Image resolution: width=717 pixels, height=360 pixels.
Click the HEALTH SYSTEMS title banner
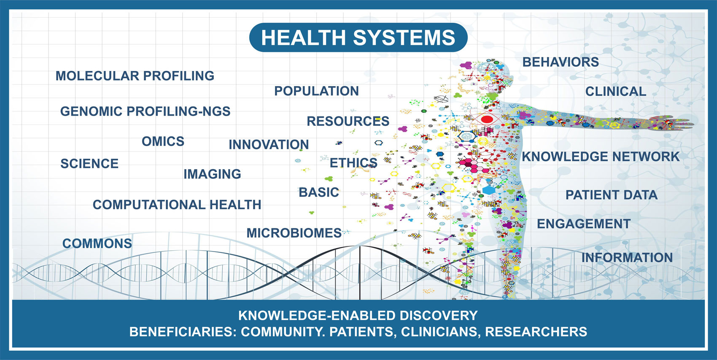click(358, 38)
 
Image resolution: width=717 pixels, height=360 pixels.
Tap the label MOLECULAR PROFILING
click(135, 76)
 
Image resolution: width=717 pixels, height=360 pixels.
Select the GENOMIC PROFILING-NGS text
click(146, 111)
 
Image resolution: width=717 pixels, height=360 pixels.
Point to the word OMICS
click(163, 141)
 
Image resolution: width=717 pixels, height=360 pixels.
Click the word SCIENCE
click(89, 164)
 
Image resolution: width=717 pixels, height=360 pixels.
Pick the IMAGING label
click(212, 174)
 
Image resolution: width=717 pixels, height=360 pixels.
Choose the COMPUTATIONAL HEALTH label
click(177, 205)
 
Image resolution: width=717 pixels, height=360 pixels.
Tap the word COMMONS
click(97, 244)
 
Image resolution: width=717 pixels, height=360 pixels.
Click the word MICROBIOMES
click(294, 233)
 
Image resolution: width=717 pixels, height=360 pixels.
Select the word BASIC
click(319, 192)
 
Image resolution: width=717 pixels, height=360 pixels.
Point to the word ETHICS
click(354, 163)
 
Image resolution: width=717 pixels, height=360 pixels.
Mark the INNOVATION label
click(269, 145)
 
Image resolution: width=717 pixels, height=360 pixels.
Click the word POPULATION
click(317, 91)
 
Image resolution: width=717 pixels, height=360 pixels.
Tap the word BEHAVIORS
click(561, 62)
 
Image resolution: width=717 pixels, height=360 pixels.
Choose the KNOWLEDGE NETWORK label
click(601, 157)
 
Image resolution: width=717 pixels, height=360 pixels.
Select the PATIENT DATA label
click(612, 195)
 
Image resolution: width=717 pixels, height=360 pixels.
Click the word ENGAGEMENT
click(584, 224)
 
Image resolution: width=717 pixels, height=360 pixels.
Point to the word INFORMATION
click(627, 257)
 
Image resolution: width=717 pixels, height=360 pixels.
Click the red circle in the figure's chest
click(487, 119)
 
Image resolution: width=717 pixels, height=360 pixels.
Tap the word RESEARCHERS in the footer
click(536, 331)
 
